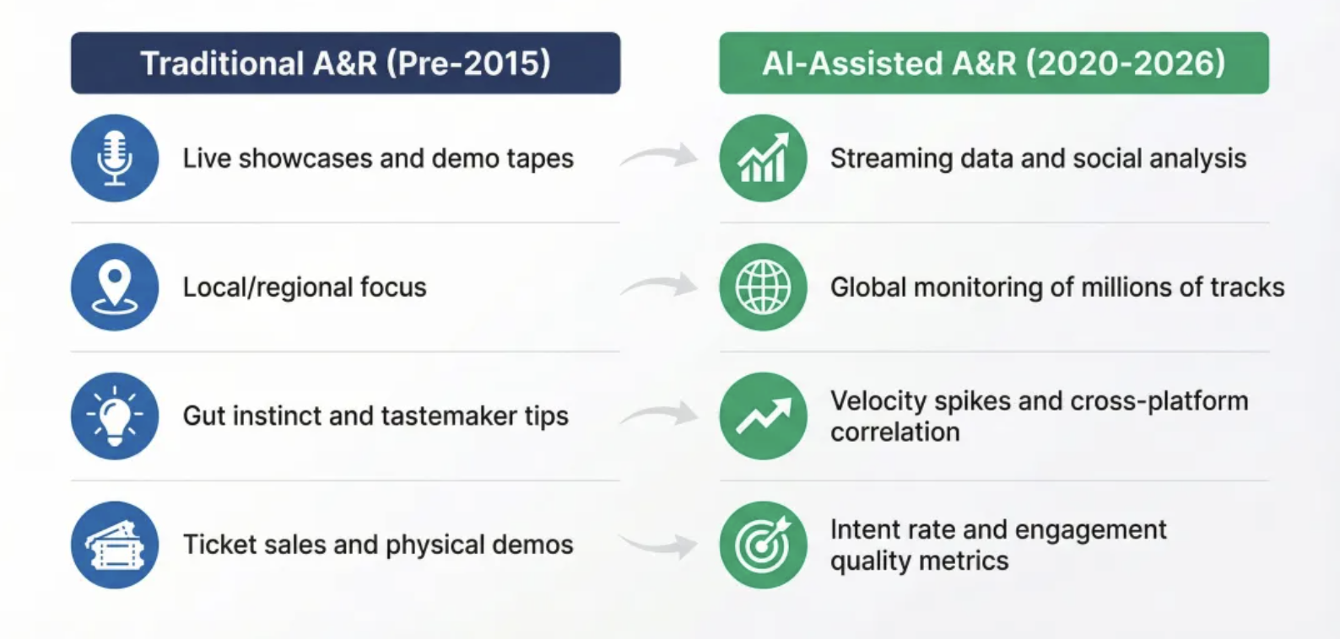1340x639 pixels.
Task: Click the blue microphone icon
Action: [115, 158]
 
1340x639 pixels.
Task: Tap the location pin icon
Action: [115, 287]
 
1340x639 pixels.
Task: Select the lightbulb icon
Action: [115, 416]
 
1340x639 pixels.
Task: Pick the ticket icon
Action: [115, 545]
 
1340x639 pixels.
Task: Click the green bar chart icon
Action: [764, 158]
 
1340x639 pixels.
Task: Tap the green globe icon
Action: [764, 287]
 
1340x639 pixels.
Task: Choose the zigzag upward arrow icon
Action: [764, 416]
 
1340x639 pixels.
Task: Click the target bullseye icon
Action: [764, 545]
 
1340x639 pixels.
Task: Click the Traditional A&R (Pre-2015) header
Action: [346, 62]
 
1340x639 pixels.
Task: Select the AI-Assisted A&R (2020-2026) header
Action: [994, 62]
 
